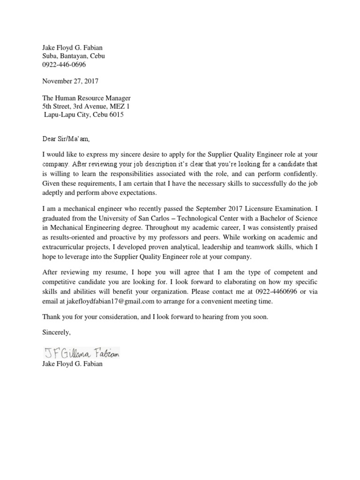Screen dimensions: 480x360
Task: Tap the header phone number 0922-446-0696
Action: point(64,64)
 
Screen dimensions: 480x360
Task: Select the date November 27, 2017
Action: point(70,81)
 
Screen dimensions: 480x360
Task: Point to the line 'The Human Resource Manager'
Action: point(86,98)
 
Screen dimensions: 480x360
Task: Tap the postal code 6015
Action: point(117,115)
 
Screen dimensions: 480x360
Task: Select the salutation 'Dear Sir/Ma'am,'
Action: point(65,139)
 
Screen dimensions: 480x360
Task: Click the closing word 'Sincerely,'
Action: point(57,332)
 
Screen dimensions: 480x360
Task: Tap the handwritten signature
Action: point(82,352)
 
